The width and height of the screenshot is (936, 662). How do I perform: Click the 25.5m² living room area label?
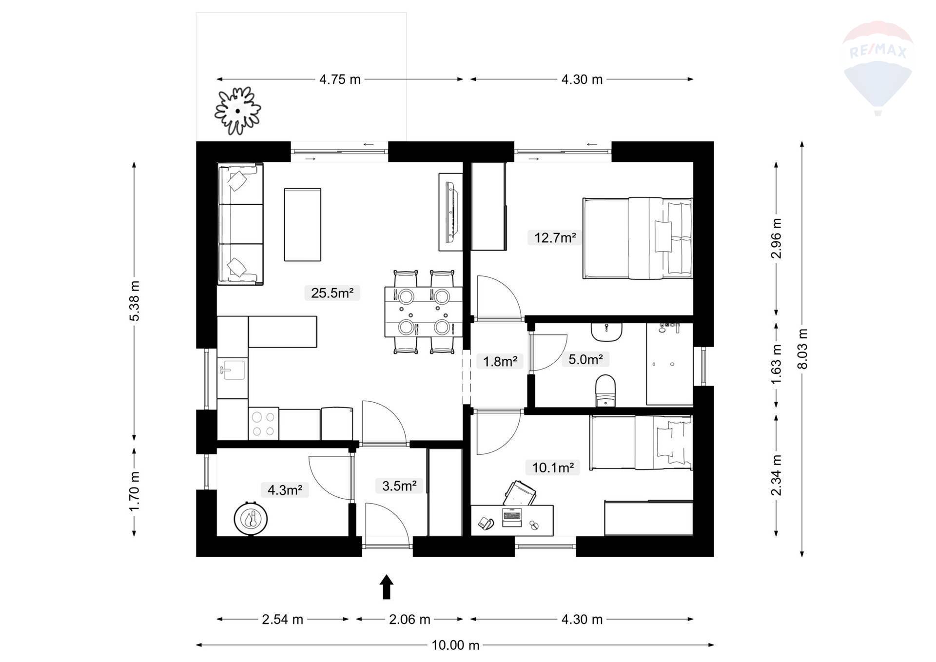click(332, 293)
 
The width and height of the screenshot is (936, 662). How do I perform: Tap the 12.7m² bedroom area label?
click(555, 238)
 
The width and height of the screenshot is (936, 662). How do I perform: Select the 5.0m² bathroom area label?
click(585, 360)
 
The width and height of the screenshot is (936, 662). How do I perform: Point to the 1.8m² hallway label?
click(500, 362)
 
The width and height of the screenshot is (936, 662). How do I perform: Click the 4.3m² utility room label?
click(285, 490)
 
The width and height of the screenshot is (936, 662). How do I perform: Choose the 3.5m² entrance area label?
click(399, 486)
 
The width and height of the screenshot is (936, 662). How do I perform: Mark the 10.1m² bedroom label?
click(553, 468)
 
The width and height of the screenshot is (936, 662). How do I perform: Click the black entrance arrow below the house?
click(387, 586)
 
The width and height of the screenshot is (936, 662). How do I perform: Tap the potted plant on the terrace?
click(237, 111)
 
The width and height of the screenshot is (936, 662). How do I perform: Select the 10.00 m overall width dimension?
click(455, 645)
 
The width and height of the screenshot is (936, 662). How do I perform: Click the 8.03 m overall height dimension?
click(802, 349)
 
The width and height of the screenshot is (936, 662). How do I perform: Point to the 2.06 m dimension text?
click(409, 619)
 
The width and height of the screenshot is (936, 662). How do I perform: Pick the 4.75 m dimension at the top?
click(340, 79)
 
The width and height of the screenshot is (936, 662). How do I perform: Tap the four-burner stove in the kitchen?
click(263, 424)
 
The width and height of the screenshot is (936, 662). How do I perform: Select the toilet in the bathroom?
click(606, 390)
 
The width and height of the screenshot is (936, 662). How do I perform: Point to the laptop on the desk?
click(512, 517)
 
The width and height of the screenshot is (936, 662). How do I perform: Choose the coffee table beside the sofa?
click(303, 224)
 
